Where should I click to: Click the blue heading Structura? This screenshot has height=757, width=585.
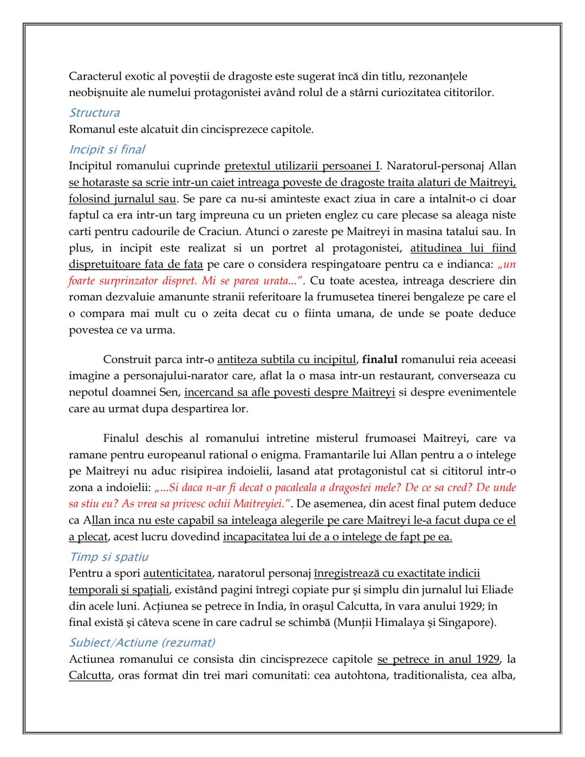(x=94, y=113)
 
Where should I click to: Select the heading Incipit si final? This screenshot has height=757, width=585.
(x=107, y=150)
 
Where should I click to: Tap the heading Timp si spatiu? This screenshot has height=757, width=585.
(x=108, y=557)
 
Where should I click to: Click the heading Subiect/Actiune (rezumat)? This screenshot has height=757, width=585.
(x=142, y=643)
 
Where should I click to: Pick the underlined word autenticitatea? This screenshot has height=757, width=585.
(x=177, y=573)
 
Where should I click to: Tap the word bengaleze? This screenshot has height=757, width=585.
(x=458, y=297)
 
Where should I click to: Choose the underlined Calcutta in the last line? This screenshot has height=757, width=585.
(x=89, y=676)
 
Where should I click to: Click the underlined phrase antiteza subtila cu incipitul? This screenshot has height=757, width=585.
(x=287, y=359)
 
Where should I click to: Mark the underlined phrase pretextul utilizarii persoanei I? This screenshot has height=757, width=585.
(x=302, y=166)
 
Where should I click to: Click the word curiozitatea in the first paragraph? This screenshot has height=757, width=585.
(x=394, y=92)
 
